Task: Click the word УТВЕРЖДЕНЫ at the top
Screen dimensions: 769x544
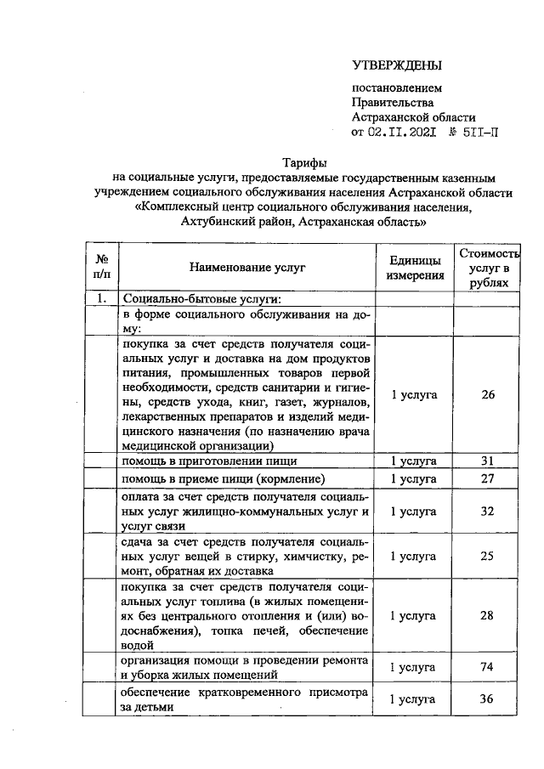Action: click(x=398, y=65)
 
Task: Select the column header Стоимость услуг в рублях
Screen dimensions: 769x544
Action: click(x=487, y=268)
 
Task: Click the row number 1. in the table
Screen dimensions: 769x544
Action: click(x=101, y=298)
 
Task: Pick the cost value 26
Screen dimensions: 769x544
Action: click(x=487, y=394)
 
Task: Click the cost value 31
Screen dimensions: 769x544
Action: click(x=487, y=461)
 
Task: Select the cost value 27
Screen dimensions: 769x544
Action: click(x=487, y=478)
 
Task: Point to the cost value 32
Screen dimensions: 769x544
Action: click(x=487, y=512)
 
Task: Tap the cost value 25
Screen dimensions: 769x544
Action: click(x=487, y=557)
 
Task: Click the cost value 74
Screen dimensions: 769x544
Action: click(x=487, y=667)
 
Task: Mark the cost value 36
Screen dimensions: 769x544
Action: click(x=487, y=699)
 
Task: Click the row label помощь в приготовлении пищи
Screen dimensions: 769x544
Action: click(x=209, y=461)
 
